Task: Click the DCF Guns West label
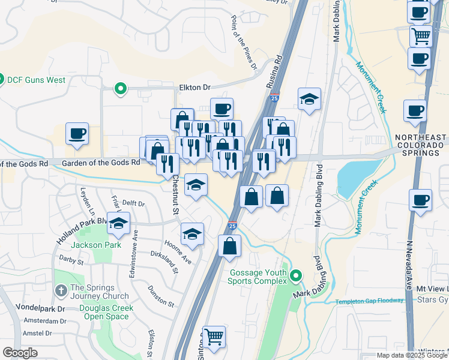pyautogui.click(x=36, y=79)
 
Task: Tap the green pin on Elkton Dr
pyautogui.click(x=120, y=89)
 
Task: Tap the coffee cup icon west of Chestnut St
pyautogui.click(x=77, y=134)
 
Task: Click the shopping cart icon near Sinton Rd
pyautogui.click(x=214, y=337)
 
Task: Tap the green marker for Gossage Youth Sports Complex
pyautogui.click(x=295, y=276)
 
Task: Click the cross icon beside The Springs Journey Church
pyautogui.click(x=60, y=291)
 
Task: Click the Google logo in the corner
pyautogui.click(x=20, y=353)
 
